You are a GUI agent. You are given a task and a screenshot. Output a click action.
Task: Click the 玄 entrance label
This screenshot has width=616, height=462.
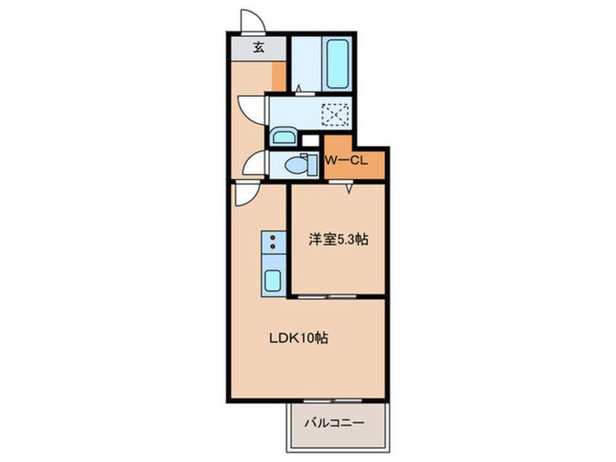tap(258, 49)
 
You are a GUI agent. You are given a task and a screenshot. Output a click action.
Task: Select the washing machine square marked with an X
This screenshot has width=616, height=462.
tap(336, 114)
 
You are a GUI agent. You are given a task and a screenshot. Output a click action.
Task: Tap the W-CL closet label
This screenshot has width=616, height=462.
tap(345, 161)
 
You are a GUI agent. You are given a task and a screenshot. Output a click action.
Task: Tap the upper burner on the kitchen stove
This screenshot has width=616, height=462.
tap(272, 238)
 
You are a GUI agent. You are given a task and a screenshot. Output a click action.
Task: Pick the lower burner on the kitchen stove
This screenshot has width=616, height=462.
tap(272, 247)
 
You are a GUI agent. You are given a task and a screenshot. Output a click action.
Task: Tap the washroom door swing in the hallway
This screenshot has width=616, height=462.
tap(252, 109)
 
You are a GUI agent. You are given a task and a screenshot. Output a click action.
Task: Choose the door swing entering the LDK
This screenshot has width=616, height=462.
tap(246, 193)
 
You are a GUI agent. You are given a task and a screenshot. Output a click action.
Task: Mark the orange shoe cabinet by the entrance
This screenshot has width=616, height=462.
tap(278, 76)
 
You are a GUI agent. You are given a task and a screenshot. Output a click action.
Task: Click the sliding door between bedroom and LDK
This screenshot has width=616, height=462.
tap(328, 297)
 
